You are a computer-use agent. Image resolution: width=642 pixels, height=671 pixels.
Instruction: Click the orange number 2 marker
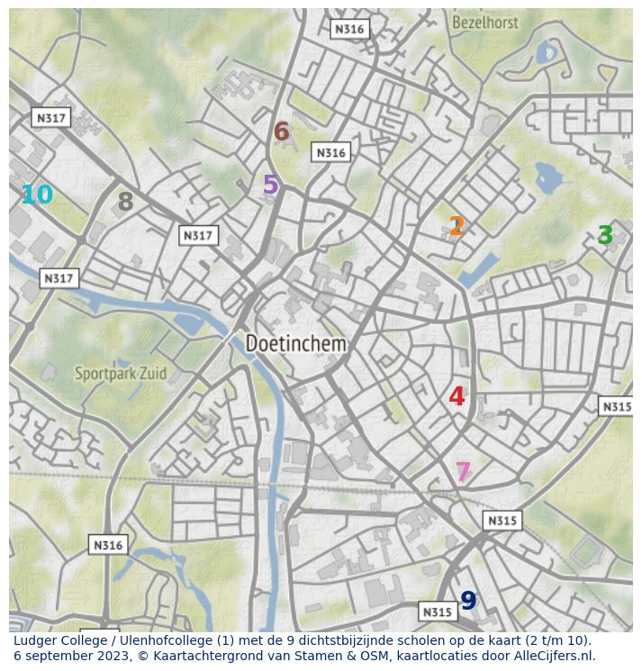(457, 227)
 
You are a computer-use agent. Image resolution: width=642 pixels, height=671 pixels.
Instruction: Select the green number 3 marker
(605, 236)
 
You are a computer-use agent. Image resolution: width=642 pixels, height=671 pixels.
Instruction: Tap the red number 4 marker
(457, 396)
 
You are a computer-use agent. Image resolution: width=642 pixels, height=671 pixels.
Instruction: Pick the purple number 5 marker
(270, 186)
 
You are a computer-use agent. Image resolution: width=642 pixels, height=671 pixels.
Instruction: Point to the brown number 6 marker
(281, 132)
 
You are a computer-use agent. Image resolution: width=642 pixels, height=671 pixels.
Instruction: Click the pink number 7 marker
(463, 472)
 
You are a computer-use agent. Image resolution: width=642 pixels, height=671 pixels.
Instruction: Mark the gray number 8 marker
(125, 203)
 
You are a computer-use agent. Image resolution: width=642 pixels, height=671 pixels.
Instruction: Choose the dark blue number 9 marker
(468, 601)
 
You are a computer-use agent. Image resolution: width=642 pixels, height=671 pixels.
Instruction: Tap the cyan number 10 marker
(37, 195)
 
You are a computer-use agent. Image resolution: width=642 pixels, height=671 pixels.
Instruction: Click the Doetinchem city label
(295, 344)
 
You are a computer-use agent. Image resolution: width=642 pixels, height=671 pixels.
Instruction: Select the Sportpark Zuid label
(120, 373)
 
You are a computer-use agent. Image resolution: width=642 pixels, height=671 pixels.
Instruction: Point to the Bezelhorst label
(486, 23)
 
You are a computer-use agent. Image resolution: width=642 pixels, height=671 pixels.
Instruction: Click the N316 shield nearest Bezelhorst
(349, 29)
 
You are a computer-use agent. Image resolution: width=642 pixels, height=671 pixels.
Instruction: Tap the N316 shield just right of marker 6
(330, 152)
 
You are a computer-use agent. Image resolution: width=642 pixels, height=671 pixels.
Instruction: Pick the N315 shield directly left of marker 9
(438, 612)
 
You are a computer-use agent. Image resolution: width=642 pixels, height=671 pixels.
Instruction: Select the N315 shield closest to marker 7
(502, 521)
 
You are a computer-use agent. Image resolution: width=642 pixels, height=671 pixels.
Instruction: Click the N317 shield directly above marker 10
(50, 118)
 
